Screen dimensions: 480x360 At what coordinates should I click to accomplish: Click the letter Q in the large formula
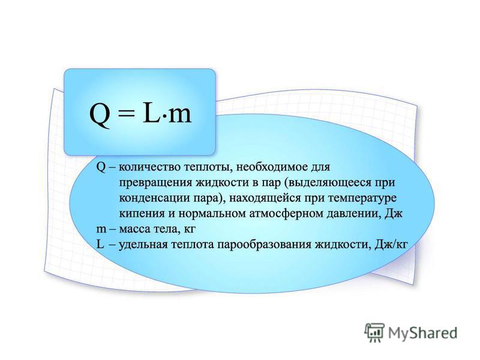[100, 115]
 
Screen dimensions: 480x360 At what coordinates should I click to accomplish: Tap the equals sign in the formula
[126, 114]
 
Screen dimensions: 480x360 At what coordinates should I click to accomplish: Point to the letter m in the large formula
[179, 116]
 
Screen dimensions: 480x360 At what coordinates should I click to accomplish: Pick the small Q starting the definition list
[101, 167]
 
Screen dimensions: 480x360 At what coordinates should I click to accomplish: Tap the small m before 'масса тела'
[101, 230]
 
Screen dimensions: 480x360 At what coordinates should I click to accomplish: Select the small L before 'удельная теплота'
[100, 244]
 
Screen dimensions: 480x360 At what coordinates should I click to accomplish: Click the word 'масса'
[133, 230]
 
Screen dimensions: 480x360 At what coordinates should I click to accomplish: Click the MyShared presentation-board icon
[374, 332]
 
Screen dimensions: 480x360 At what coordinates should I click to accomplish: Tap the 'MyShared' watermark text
[423, 333]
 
